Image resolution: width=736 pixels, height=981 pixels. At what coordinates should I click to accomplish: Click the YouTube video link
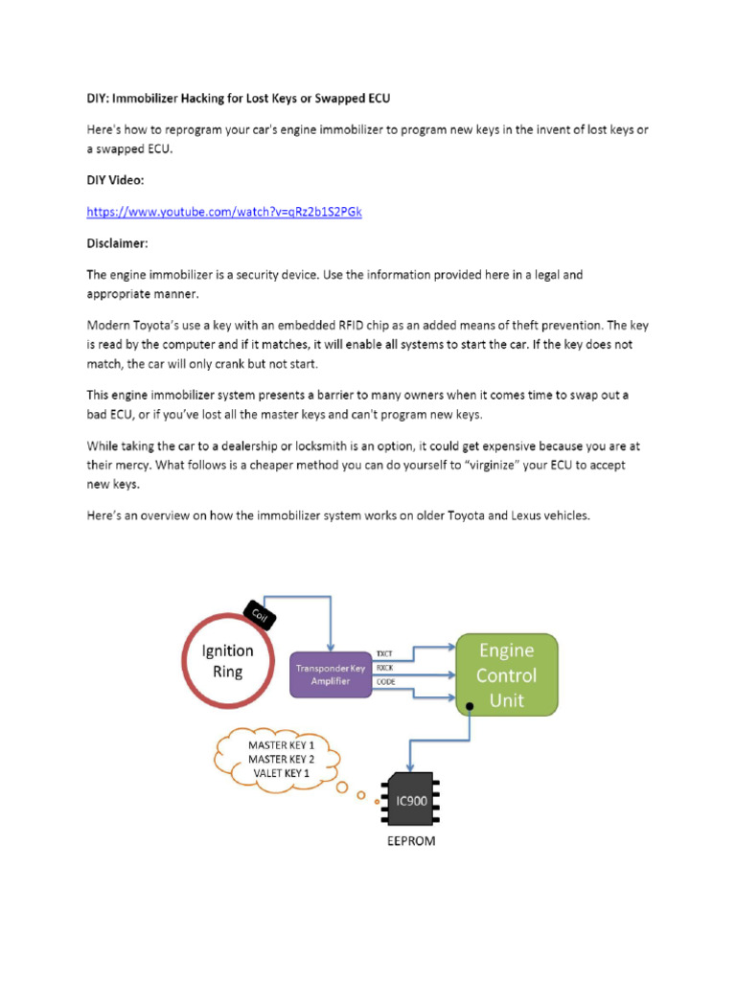click(x=224, y=212)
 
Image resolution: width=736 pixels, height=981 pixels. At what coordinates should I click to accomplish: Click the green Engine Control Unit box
click(x=507, y=674)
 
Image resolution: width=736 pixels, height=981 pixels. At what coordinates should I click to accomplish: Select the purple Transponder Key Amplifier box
click(x=331, y=674)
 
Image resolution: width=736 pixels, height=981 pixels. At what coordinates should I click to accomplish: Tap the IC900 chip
click(x=407, y=798)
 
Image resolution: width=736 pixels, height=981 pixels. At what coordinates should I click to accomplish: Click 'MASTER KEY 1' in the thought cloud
click(x=281, y=744)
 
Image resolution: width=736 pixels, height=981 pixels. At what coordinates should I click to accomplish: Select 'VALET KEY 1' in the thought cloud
click(x=280, y=773)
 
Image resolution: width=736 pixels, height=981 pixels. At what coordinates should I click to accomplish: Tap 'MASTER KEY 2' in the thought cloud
click(x=281, y=759)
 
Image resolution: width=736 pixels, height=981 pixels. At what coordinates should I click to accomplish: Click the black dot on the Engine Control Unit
click(x=471, y=709)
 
